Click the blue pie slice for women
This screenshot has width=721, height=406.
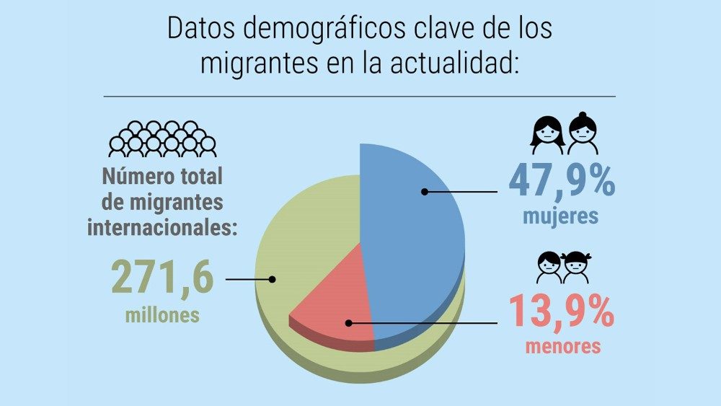[x=404, y=231]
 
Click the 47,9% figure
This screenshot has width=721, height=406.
[x=562, y=181]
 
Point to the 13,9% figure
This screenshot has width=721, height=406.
[x=562, y=311]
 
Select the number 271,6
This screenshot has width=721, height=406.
[x=162, y=278]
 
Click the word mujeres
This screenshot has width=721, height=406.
[x=561, y=216]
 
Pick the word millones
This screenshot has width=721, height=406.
[x=162, y=315]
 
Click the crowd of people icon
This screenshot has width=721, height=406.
[x=162, y=138]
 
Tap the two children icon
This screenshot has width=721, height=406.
[x=563, y=267]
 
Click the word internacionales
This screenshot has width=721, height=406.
[x=163, y=228]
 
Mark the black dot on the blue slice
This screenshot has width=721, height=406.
[x=425, y=192]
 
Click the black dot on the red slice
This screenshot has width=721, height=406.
[x=348, y=322]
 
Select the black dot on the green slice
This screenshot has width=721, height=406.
[x=272, y=279]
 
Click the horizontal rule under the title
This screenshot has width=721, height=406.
[x=360, y=96]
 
